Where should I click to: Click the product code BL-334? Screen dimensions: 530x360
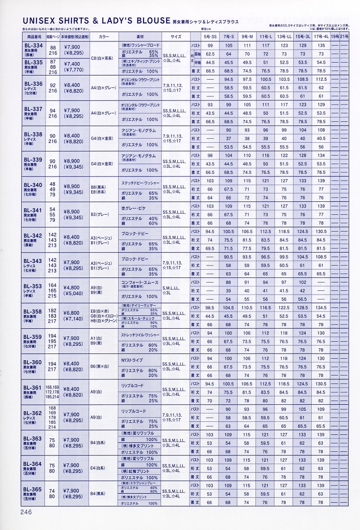34,46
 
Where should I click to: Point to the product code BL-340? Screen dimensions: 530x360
34,185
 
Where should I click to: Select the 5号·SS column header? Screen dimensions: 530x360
210,37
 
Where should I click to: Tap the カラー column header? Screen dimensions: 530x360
104,37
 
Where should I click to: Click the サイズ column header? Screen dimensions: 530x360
176,37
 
